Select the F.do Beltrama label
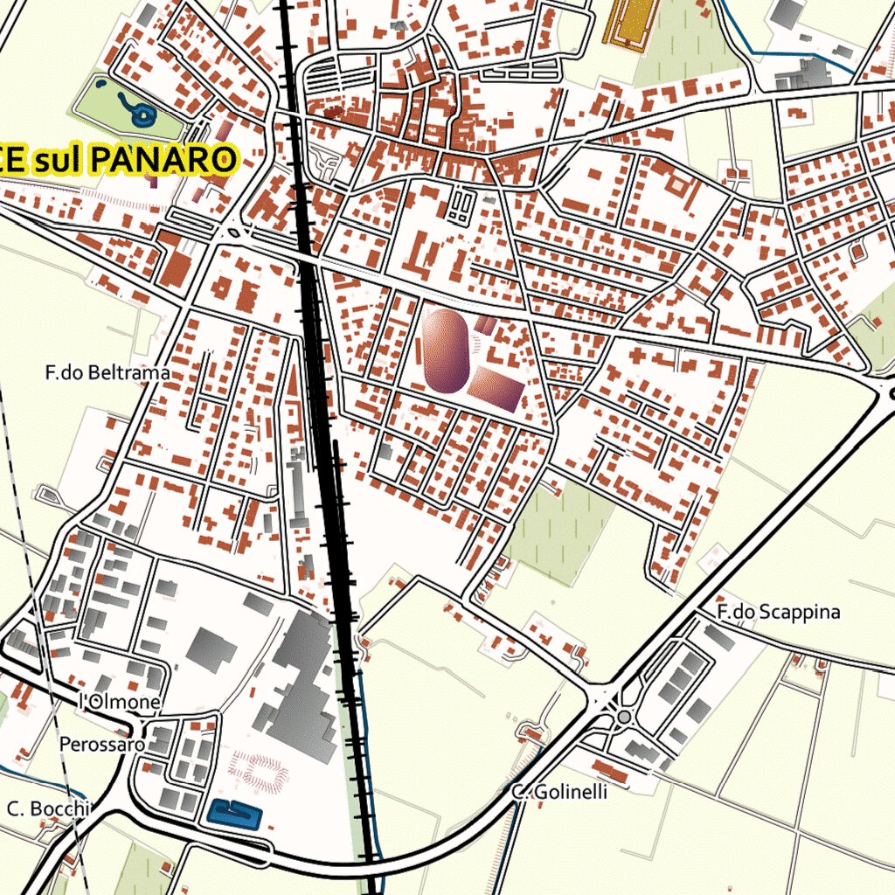[108, 373]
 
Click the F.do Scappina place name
[777, 612]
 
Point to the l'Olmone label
[120, 702]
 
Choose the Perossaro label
[101, 745]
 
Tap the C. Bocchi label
[48, 808]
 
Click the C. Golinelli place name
[559, 792]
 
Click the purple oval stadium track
[446, 349]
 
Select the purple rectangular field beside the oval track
[496, 389]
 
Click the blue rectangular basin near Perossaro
[235, 815]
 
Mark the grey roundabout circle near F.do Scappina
[623, 717]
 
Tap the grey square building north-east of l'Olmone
[211, 649]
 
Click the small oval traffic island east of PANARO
[235, 233]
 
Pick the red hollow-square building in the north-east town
[677, 187]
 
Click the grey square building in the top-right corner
[788, 12]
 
